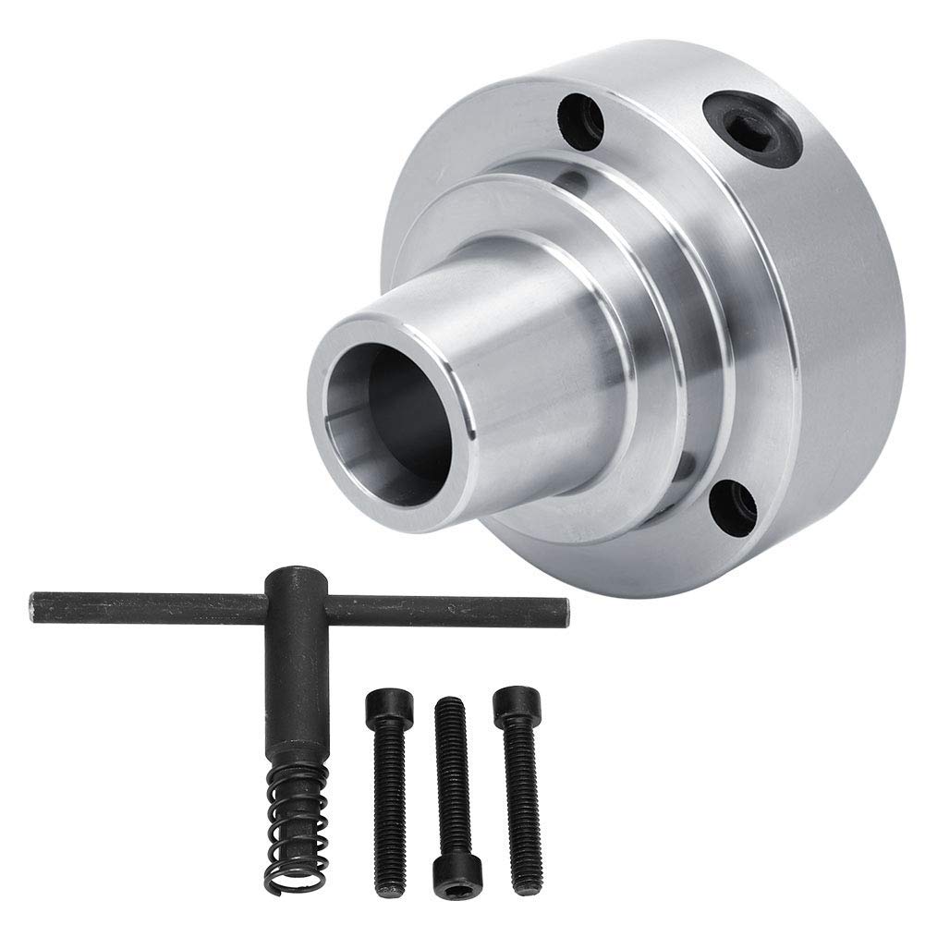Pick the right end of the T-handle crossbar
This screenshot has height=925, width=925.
(x=559, y=610)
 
